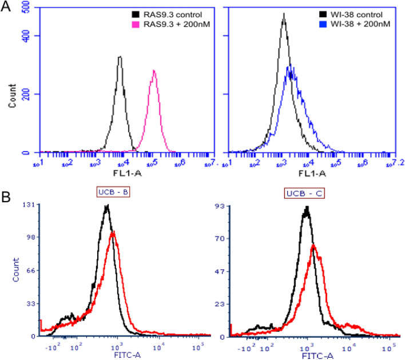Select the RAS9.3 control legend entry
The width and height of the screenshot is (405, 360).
pos(169,12)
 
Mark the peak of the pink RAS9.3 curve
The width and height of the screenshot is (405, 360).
pos(154,71)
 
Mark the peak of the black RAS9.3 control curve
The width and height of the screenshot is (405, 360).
pos(120,57)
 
